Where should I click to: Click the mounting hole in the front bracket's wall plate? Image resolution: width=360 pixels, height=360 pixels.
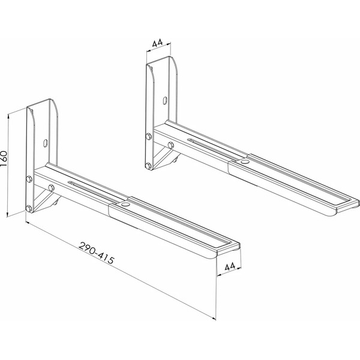[x=46, y=142]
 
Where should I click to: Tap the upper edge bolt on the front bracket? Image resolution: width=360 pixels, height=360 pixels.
[x=29, y=178]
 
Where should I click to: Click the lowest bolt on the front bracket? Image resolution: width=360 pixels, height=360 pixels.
[x=29, y=209]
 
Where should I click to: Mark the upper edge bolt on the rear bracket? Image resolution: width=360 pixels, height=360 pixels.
[x=148, y=139]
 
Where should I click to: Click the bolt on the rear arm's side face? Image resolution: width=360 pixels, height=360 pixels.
[x=171, y=145]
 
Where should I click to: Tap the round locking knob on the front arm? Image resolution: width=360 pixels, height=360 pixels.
[x=125, y=205]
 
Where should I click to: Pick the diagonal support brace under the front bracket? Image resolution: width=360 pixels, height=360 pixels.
[x=43, y=200]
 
